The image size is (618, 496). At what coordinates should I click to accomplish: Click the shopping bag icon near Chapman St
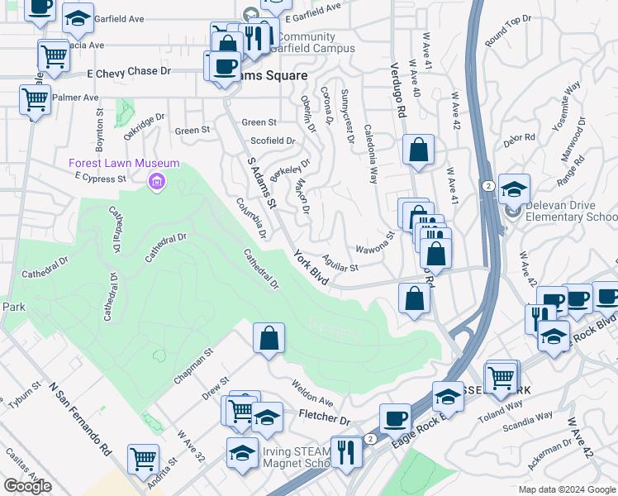[x=269, y=338]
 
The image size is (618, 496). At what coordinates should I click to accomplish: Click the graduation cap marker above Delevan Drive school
[x=513, y=190]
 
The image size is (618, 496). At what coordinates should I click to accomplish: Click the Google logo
[x=27, y=486]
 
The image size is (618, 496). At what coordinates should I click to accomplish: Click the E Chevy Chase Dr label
[x=129, y=72]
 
